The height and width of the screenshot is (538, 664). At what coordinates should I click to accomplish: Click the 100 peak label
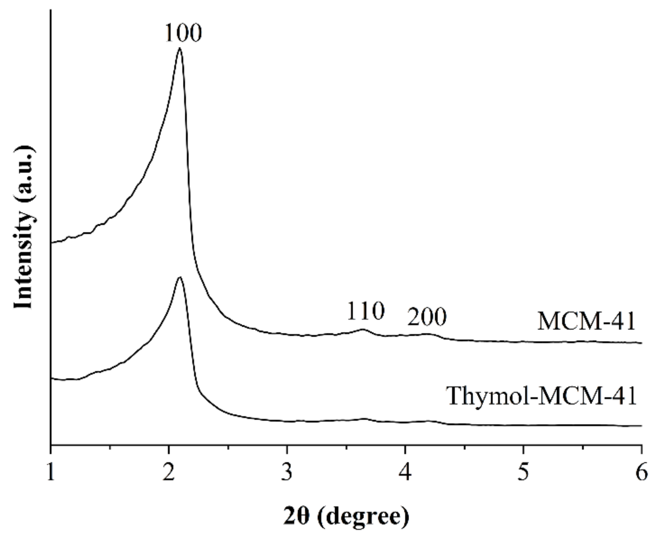[x=183, y=33]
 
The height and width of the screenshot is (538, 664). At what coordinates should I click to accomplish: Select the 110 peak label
[x=365, y=312]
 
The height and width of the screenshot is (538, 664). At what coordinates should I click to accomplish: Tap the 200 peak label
[x=427, y=317]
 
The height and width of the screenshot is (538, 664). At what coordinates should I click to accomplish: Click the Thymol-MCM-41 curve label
[x=541, y=396]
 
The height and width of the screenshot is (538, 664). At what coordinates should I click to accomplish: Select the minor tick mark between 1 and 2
[x=110, y=447]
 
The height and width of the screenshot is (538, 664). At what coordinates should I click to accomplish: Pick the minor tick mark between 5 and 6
[x=582, y=447]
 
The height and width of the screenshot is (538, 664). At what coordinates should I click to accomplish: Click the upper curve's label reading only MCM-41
[x=586, y=322]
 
